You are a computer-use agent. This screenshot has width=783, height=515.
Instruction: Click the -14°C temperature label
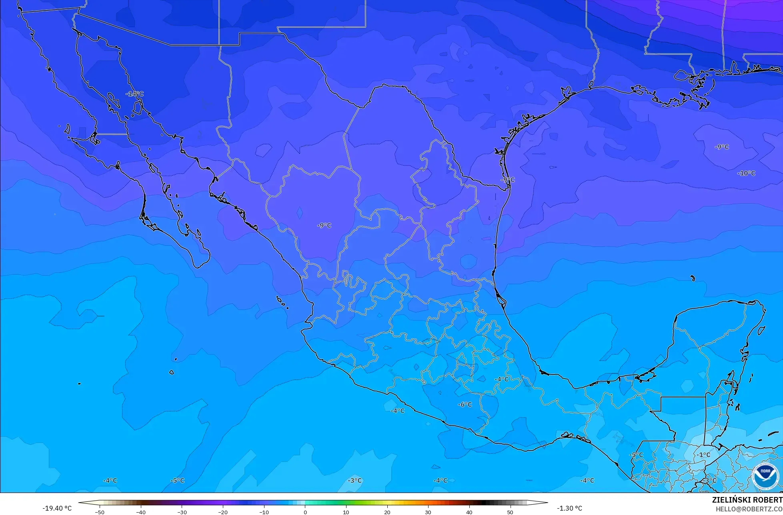(134, 94)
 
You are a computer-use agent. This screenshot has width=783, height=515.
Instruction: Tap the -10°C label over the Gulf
(746, 173)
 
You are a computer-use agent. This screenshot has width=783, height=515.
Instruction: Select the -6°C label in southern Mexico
(465, 405)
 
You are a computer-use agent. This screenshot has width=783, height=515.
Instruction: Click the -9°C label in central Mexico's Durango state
(324, 226)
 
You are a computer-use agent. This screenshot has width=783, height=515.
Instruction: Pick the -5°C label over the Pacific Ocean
(177, 481)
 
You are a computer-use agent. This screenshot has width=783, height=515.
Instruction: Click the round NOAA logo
(765, 476)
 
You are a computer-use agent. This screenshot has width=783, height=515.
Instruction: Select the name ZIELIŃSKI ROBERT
(747, 500)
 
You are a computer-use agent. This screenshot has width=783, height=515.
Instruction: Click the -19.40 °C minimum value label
(57, 508)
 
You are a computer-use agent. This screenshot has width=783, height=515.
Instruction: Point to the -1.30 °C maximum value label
(569, 508)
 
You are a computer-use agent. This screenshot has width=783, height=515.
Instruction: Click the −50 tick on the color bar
(100, 512)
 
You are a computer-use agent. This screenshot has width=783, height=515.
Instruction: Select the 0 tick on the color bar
(305, 512)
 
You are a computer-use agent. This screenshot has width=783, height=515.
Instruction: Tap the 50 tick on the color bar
(510, 512)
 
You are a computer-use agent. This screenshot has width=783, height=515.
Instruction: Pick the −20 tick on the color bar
(223, 512)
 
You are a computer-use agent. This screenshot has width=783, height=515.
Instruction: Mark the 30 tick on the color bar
(428, 512)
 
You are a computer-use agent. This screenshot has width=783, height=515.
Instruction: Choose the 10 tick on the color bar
(346, 512)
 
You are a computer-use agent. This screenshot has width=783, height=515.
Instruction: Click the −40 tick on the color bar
(141, 512)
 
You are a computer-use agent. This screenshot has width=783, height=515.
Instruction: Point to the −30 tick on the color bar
(182, 512)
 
